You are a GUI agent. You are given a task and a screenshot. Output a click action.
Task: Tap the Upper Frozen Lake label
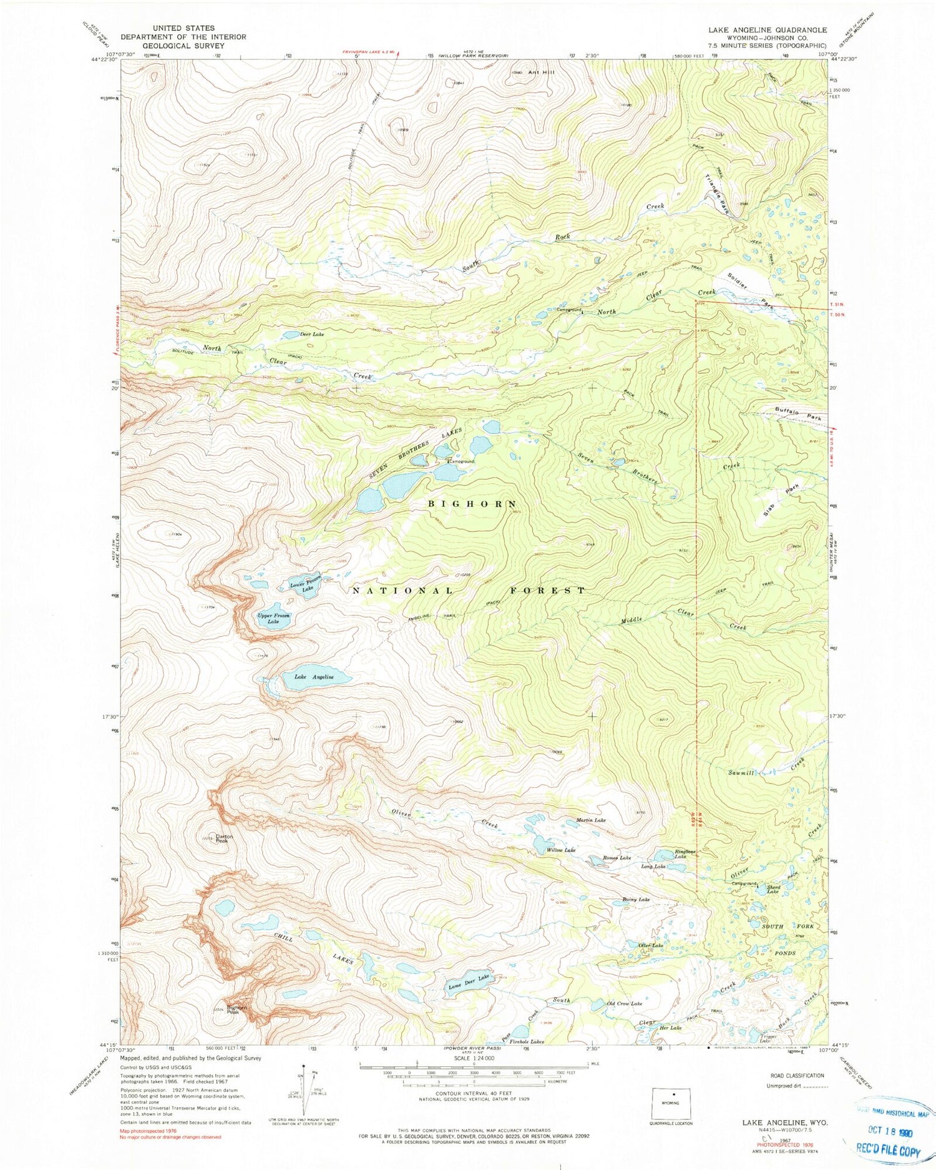(x=274, y=619)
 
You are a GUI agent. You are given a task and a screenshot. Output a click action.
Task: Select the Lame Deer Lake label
(x=469, y=982)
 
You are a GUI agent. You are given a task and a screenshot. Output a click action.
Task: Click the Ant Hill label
(x=541, y=72)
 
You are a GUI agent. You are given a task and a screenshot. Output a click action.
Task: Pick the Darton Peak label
(x=224, y=838)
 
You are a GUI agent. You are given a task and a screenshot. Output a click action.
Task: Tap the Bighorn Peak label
(x=237, y=1009)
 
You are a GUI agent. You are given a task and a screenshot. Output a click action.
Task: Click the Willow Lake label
(x=561, y=850)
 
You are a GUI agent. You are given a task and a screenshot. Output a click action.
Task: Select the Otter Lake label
(x=650, y=946)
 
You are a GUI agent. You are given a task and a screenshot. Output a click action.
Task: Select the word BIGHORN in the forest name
(x=472, y=503)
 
